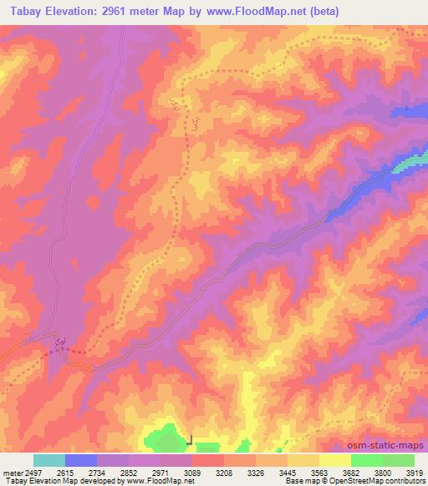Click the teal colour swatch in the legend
click(x=49, y=460)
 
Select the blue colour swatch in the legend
click(x=81, y=460)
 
